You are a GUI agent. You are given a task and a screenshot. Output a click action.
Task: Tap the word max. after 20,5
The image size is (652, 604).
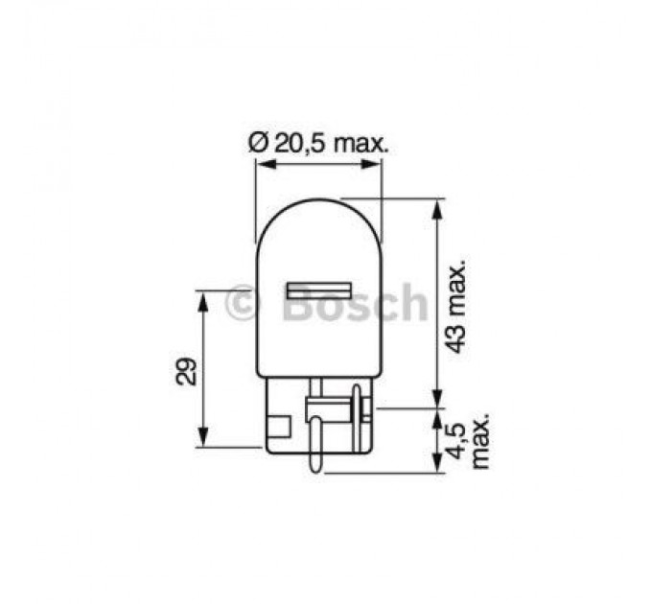click(363, 143)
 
